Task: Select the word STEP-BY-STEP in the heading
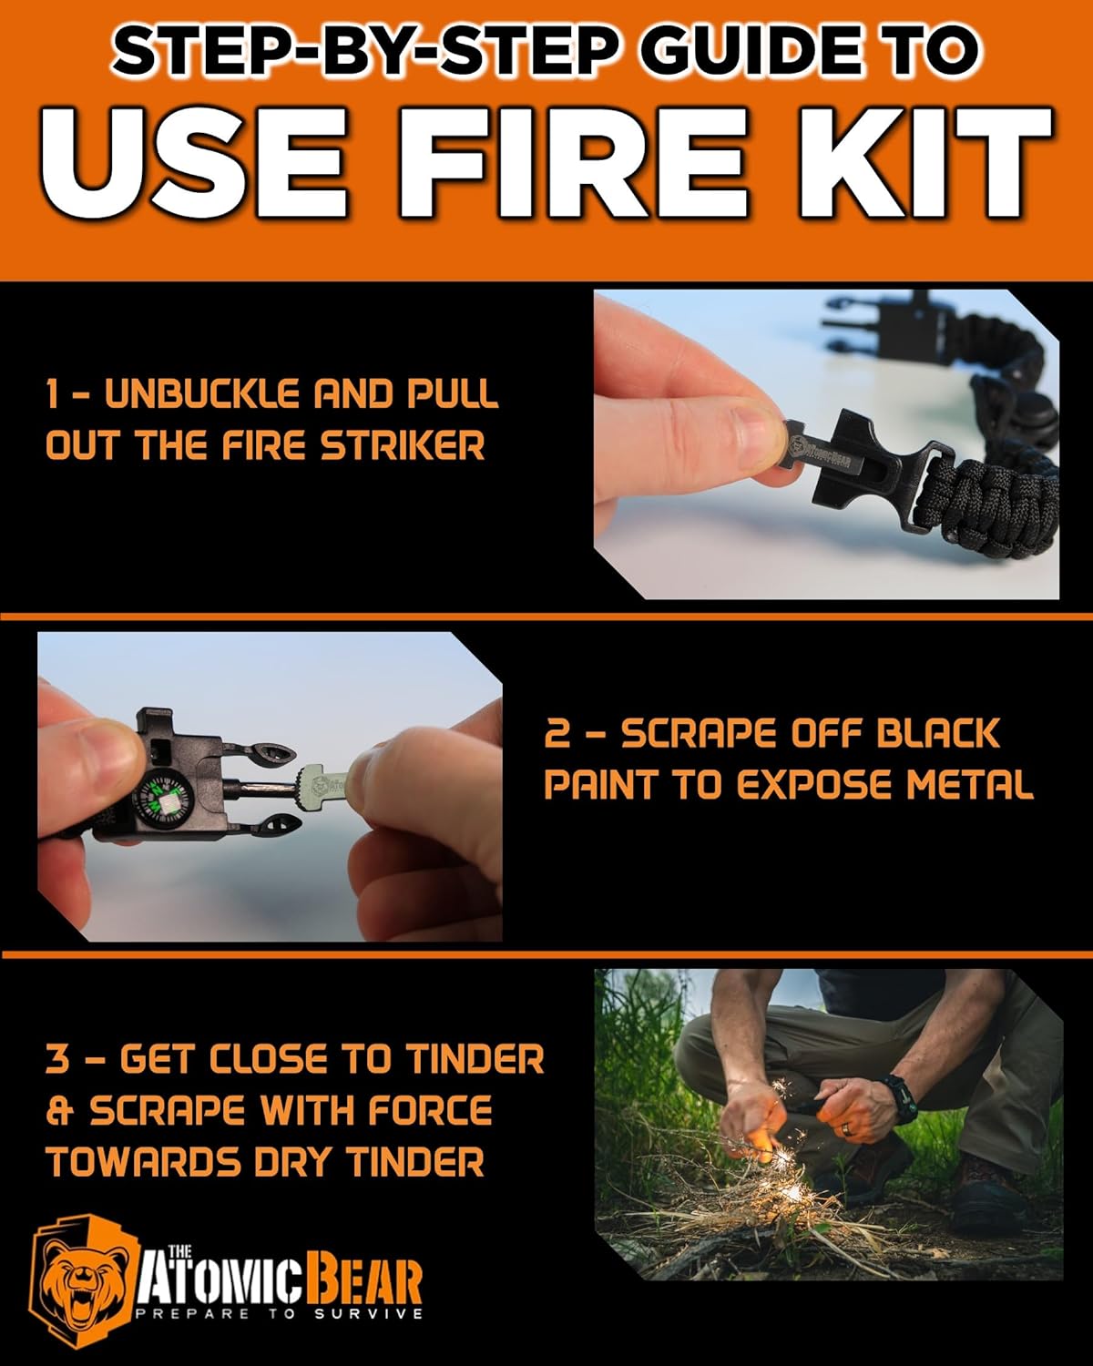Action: point(352,53)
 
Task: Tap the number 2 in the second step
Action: point(557,734)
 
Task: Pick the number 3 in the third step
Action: point(56,1059)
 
